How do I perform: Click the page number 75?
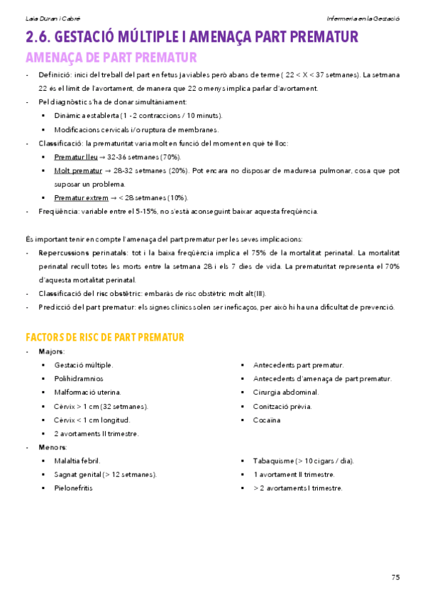click(394, 576)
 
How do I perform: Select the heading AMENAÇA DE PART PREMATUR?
click(111, 58)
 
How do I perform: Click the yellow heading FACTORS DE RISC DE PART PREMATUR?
click(105, 336)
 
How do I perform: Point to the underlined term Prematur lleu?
click(77, 157)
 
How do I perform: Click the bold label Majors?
click(51, 351)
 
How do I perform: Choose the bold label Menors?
click(53, 447)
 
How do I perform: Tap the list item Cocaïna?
click(267, 420)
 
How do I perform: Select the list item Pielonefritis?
click(73, 488)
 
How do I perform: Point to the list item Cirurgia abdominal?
click(285, 393)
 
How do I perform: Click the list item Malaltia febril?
click(77, 461)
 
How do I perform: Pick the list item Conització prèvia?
click(282, 407)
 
